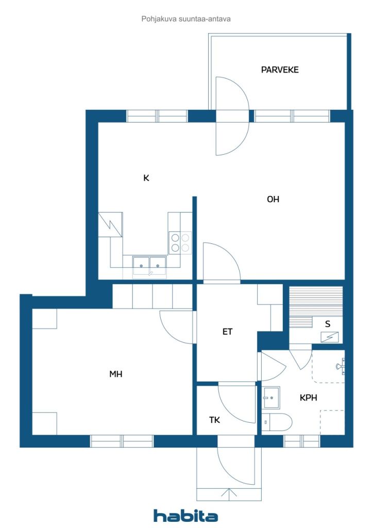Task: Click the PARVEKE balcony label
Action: pos(280,70)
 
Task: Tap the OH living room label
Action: pos(273,200)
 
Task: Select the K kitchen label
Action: pos(146,178)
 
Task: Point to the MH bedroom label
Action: pos(116,374)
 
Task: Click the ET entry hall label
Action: pos(227,332)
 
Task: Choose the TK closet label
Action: pos(215,420)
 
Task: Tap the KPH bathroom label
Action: pos(309,398)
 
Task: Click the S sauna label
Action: pos(328,324)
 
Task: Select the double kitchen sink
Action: pos(149,267)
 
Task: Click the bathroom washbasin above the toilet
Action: pos(271,398)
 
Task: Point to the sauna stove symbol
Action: pos(330,337)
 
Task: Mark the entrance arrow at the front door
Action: pos(229,494)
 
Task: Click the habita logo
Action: pos(185,516)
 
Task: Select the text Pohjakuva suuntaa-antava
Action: pos(186,19)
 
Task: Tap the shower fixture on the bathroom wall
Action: pos(341,366)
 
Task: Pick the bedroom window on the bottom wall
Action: pos(122,441)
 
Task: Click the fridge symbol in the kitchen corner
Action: pos(110,224)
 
